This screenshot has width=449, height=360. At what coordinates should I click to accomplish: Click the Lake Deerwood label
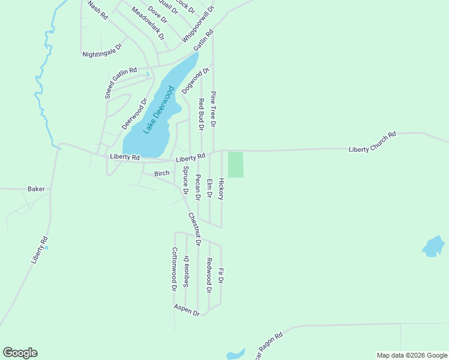coord(158,110)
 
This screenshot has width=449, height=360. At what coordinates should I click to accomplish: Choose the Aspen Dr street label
coord(187,310)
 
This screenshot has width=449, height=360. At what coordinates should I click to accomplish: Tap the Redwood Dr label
coord(209,275)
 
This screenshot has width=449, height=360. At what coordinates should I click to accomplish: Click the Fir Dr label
coord(221,275)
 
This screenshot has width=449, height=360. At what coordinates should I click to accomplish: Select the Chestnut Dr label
coord(194,229)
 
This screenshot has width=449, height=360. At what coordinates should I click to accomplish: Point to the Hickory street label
coord(221,189)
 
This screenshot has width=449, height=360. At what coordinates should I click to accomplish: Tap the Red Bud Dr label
coord(201,114)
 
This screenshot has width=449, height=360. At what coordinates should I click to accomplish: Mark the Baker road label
coord(36,188)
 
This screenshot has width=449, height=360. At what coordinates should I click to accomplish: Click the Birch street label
coord(162,173)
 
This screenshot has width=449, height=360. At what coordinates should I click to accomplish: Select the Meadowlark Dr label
coord(148,23)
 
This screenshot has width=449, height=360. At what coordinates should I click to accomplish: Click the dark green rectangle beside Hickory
coord(236,164)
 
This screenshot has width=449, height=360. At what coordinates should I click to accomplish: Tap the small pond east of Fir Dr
coord(433,246)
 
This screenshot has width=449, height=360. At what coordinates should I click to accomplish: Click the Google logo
coord(20,353)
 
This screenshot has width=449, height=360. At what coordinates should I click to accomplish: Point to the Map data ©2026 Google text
coord(412,355)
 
